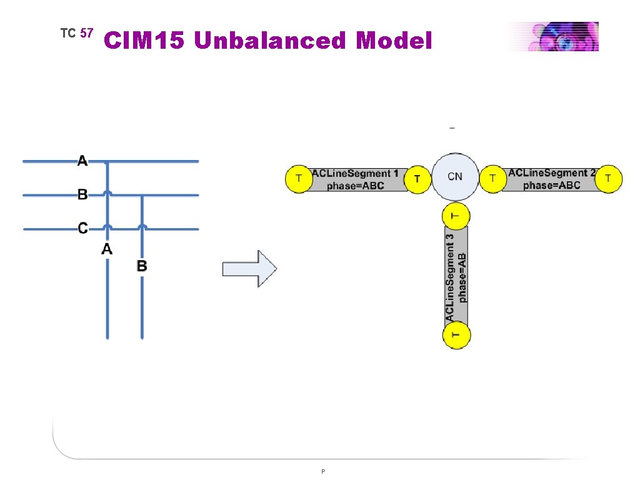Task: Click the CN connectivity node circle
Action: click(455, 177)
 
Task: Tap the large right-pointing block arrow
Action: click(250, 269)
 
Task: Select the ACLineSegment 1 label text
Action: click(355, 173)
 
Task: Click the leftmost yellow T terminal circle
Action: click(299, 179)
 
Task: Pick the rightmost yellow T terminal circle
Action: click(609, 179)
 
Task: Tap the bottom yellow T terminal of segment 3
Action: click(456, 335)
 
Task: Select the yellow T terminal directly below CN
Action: click(456, 216)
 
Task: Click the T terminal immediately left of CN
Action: click(417, 179)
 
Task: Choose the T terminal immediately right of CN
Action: click(492, 179)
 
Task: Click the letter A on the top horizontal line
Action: click(82, 161)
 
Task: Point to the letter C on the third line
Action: click(82, 228)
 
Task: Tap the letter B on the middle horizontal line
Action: click(82, 194)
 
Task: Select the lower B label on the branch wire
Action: click(142, 266)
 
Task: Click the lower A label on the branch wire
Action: click(107, 249)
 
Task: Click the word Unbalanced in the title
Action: click(269, 41)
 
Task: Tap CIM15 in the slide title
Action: click(146, 41)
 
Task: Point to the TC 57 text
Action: click(76, 33)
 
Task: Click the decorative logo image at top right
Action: click(552, 36)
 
